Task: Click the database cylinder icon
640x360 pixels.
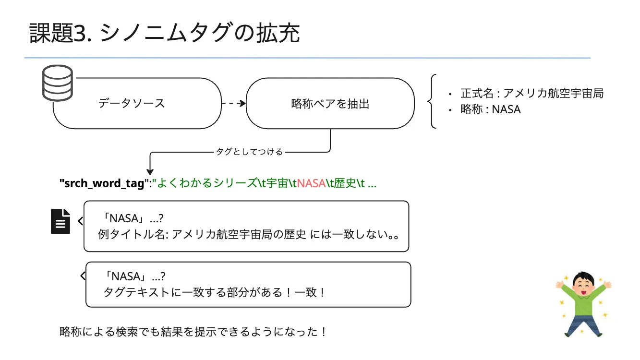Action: [x=58, y=83]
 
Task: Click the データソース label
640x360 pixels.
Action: [x=132, y=103]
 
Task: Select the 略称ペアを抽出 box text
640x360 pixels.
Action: [x=330, y=104]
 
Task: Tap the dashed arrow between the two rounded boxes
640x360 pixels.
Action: [x=234, y=103]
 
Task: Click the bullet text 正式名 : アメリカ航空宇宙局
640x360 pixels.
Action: [x=531, y=94]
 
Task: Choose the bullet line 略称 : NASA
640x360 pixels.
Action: [x=490, y=109]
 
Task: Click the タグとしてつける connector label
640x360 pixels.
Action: [x=249, y=152]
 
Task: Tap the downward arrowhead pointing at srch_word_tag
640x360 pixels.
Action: [x=150, y=171]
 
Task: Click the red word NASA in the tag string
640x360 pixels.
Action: [x=311, y=183]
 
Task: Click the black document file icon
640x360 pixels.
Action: [x=60, y=221]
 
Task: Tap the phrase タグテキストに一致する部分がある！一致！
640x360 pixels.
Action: [x=214, y=292]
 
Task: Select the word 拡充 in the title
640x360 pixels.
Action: [x=278, y=33]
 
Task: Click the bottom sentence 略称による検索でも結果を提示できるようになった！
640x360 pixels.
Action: [x=193, y=332]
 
